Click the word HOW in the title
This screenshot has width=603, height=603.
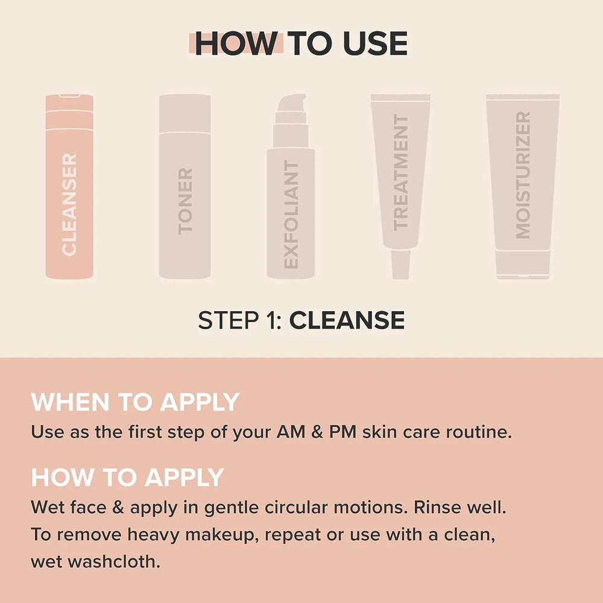(236, 43)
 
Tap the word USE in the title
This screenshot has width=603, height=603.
(375, 43)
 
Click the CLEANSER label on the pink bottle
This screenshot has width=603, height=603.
(69, 204)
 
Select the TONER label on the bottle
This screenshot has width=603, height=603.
(185, 201)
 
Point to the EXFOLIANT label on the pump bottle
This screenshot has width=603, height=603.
(291, 215)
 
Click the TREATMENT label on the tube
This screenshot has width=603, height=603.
(401, 172)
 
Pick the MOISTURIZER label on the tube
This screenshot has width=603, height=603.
(523, 175)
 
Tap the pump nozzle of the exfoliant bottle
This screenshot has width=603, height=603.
(292, 103)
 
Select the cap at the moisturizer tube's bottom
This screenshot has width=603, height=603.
(523, 265)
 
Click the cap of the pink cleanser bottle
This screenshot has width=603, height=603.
(69, 103)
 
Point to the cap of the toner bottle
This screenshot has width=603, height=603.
(185, 113)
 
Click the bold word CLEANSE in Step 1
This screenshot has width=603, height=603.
(347, 320)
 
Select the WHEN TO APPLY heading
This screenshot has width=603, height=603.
(135, 402)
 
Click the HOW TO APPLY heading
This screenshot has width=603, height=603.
(127, 477)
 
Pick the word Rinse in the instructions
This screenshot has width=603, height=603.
(437, 507)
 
